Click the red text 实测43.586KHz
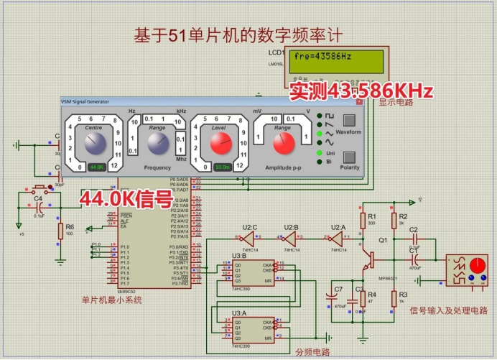pyautogui.click(x=361, y=91)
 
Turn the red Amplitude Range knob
pyautogui.click(x=284, y=143)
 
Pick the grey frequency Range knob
pyautogui.click(x=157, y=144)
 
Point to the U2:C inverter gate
pyautogui.click(x=247, y=237)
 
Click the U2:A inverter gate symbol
pyautogui.click(x=335, y=237)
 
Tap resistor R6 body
pyautogui.click(x=60, y=231)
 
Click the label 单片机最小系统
pyautogui.click(x=111, y=300)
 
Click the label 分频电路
pyautogui.click(x=312, y=352)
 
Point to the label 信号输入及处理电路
pyautogui.click(x=448, y=310)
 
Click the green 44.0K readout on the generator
pyautogui.click(x=96, y=167)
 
